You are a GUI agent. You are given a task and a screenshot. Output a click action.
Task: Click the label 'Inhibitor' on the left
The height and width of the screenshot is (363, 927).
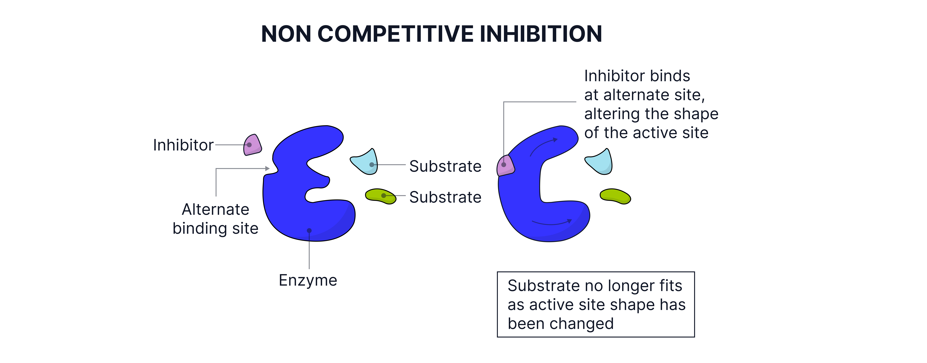[x=183, y=145]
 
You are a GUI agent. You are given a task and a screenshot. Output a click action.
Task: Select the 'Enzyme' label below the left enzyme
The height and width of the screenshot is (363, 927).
[x=308, y=280]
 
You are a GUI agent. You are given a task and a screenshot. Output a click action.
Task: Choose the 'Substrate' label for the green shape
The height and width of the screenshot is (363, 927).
[x=445, y=197]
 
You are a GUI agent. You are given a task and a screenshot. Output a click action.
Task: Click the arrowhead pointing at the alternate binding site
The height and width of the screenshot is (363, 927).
[x=267, y=168]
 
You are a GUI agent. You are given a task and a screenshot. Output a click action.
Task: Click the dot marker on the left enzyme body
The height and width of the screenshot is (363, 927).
[x=309, y=230]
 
